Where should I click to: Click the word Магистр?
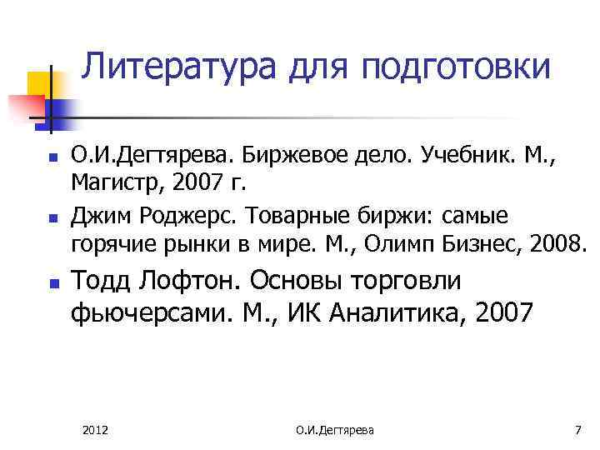point(112,180)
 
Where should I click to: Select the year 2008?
point(561,243)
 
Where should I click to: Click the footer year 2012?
point(96,429)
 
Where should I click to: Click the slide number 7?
point(577,429)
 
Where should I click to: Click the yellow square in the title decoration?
point(39,82)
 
